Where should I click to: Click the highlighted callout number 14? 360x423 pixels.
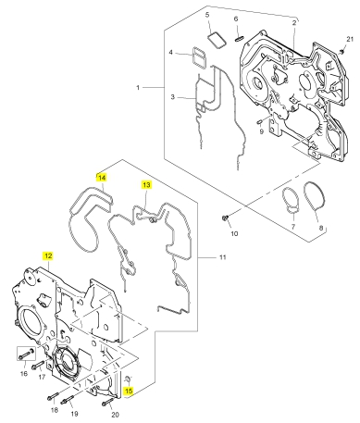pos(102,178)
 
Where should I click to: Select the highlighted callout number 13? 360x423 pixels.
pos(146,184)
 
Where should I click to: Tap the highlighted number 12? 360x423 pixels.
pos(48,255)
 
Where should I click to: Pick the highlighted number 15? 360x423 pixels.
pos(129,391)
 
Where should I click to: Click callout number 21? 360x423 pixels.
pos(350,39)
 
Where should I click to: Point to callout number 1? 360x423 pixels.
pos(138,88)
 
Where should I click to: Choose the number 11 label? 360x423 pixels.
pos(223,257)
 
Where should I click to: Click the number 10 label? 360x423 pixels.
pos(234,233)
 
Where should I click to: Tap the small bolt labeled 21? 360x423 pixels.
pos(341,52)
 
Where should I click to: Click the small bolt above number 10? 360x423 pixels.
pos(225,218)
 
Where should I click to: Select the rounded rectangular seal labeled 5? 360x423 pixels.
pos(217,40)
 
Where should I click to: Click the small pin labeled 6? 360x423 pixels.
pos(241,38)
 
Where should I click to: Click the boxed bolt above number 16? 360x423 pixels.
pos(26,354)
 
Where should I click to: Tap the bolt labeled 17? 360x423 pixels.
pos(38,365)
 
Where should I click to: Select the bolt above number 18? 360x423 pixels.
pos(53,396)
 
